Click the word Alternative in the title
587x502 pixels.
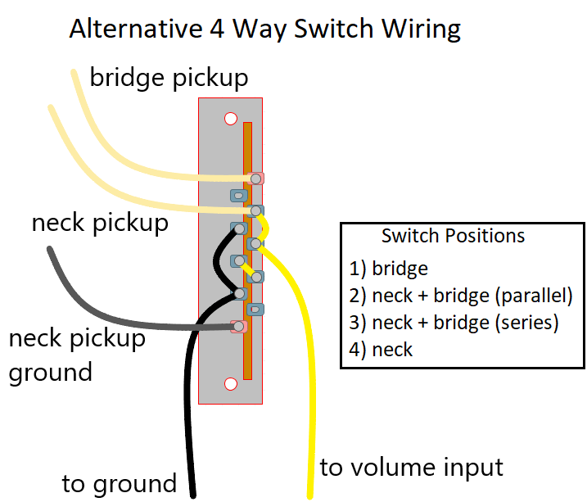point(126,29)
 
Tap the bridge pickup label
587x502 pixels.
point(169,78)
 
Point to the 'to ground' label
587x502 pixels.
point(119,483)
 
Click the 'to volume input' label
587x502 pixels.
point(411,468)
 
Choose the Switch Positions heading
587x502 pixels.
point(453,236)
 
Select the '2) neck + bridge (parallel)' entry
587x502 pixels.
point(460,295)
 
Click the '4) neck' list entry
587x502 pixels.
point(381,350)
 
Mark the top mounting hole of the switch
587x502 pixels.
point(230,119)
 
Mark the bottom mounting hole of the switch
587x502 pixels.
point(230,383)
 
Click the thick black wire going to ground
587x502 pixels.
point(187,409)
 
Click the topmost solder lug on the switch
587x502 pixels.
point(257,178)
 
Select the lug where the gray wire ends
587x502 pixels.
point(239,326)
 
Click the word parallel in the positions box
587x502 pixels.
point(535,295)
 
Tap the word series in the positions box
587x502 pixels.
point(528,322)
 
